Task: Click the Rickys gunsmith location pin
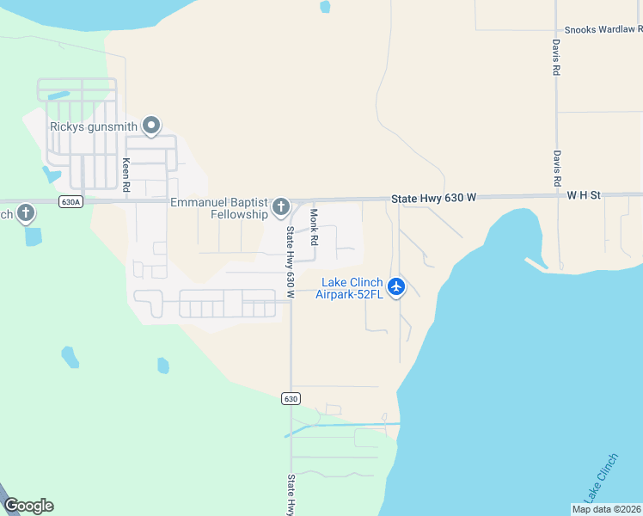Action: point(151,126)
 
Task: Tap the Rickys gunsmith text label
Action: point(93,126)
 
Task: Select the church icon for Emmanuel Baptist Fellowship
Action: point(281,206)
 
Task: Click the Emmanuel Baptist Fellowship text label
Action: point(219,208)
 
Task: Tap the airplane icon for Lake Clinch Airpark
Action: point(396,286)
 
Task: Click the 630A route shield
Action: point(71,202)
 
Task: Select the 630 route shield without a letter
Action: point(291,398)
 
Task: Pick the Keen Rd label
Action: point(126,174)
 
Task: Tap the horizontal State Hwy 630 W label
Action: point(433,198)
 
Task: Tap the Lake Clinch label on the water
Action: point(600,477)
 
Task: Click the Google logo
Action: point(28,506)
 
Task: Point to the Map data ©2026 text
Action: point(607,509)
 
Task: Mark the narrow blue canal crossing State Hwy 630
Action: point(344,425)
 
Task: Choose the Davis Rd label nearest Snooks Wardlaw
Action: point(556,58)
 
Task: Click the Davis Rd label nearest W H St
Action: point(556,169)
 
